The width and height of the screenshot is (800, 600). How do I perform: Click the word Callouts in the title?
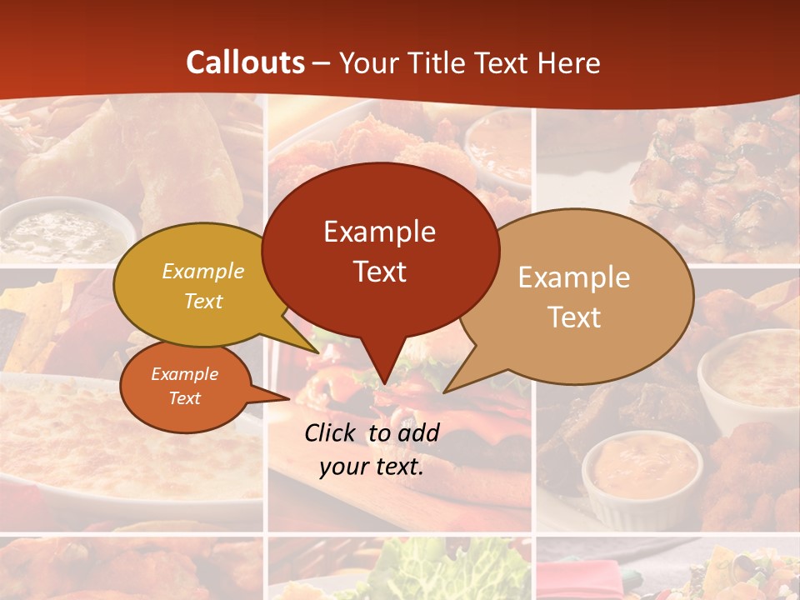coord(245,62)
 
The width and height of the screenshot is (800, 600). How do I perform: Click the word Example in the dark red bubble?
coord(379,232)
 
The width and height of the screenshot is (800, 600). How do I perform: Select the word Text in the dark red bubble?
coord(379,272)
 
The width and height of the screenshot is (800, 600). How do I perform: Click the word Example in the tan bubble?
coord(574,277)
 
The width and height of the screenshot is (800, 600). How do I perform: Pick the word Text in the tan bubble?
coord(574,317)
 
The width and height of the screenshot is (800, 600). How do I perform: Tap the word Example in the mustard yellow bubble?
coord(203,272)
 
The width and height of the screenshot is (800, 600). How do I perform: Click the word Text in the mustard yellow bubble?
coord(203,301)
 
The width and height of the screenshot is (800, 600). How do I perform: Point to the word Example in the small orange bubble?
coord(184,374)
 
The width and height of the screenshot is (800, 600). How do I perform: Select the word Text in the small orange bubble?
coord(184,398)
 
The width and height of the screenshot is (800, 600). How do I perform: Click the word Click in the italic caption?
coord(332,432)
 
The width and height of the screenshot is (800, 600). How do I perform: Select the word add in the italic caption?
coord(419,432)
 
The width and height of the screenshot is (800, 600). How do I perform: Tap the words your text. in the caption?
coord(372,467)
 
